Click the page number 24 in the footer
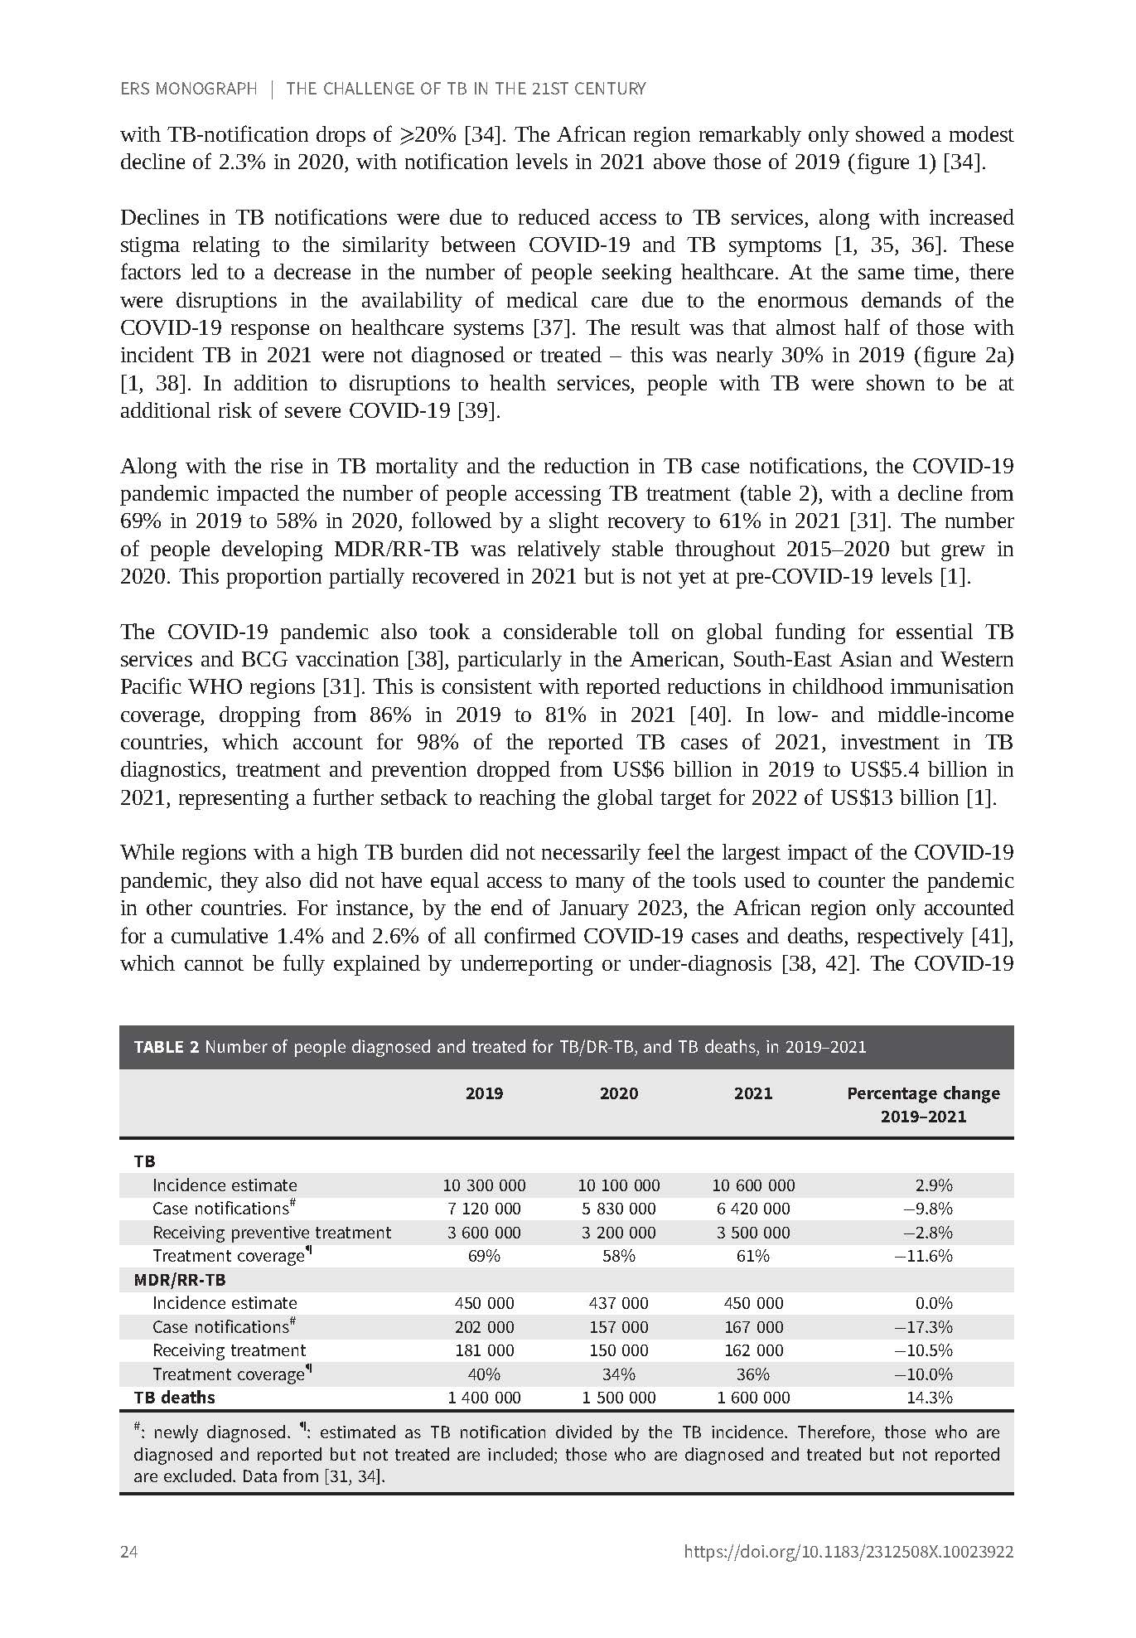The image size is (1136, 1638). coord(129,1552)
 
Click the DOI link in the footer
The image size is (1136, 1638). coord(848,1552)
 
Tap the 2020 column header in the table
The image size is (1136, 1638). coord(619,1093)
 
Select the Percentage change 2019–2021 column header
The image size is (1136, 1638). coord(923,1104)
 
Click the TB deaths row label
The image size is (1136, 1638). coord(174,1398)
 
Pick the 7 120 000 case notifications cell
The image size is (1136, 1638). coord(484,1209)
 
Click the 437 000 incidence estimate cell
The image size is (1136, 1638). coord(619,1303)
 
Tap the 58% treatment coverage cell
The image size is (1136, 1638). coord(619,1256)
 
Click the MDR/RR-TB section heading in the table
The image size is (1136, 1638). coord(180,1280)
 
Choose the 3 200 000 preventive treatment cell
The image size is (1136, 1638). coord(619,1233)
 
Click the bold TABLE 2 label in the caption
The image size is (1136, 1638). coord(167,1047)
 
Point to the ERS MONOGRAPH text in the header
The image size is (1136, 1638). coord(189,89)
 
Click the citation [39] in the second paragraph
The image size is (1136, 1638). coord(479,411)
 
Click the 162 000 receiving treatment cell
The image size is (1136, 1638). coord(753,1350)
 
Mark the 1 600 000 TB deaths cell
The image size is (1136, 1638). coord(753,1398)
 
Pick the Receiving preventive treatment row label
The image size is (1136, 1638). coord(272,1233)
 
